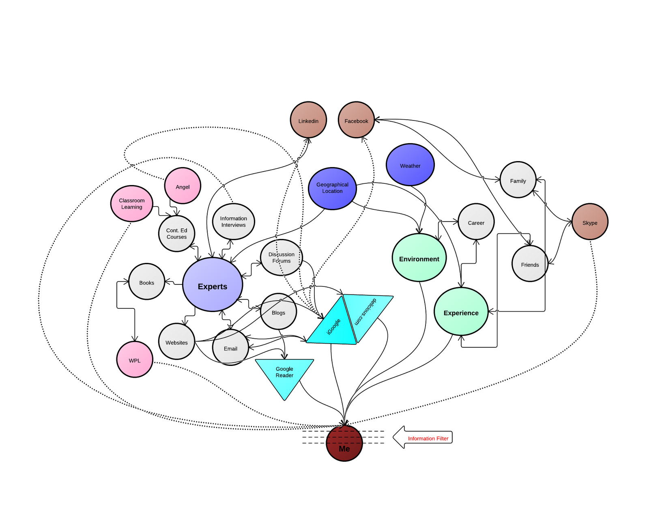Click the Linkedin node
click(x=308, y=120)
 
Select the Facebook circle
click(x=356, y=120)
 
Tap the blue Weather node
click(x=410, y=165)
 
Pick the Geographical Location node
click(x=332, y=189)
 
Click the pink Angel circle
click(x=183, y=186)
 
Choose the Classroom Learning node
click(x=132, y=204)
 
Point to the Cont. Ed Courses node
click(x=177, y=234)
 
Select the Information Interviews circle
click(x=233, y=222)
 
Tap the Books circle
click(x=146, y=282)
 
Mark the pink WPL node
click(x=135, y=359)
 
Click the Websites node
click(x=177, y=342)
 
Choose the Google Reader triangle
click(x=284, y=375)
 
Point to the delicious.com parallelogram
click(x=367, y=314)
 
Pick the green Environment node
click(x=419, y=258)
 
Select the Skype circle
click(x=590, y=222)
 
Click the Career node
click(x=476, y=222)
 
